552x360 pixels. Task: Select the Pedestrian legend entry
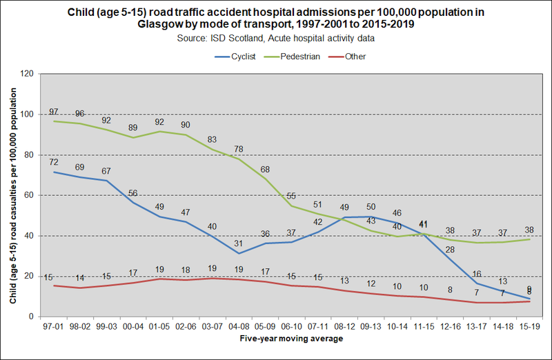299,57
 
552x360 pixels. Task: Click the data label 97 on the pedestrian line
53,112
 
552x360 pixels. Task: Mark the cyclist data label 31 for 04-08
237,243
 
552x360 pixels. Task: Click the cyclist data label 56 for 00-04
133,193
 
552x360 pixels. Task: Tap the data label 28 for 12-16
451,250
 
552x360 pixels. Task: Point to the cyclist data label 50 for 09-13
371,207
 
